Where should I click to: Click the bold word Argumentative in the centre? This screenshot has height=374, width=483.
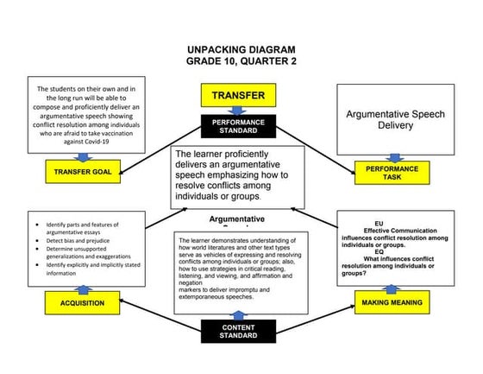[237, 220]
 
